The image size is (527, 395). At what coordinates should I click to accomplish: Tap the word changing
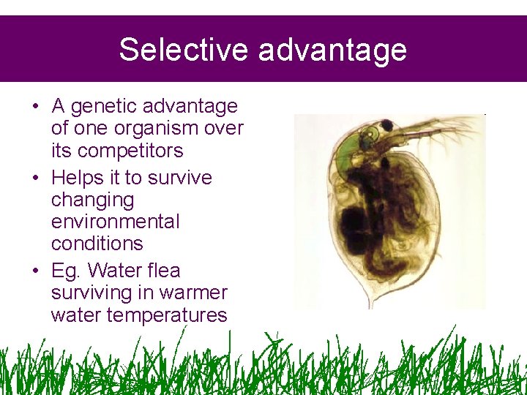[x=93, y=200]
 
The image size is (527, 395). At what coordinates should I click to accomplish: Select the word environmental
[x=115, y=221]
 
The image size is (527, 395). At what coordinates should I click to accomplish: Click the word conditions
[x=97, y=243]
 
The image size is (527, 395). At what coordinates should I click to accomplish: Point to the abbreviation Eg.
[x=66, y=271]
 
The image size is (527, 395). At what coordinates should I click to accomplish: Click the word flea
[x=162, y=271]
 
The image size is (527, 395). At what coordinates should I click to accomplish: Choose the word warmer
[x=193, y=293]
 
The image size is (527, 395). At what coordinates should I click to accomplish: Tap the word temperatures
[x=139, y=315]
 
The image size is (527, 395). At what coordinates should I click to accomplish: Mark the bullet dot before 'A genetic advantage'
[x=35, y=107]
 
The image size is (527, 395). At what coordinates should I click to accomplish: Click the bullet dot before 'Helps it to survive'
[x=35, y=178]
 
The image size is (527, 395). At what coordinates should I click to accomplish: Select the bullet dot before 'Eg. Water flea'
[x=35, y=271]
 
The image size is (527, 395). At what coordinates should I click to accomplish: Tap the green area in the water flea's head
[x=348, y=150]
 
